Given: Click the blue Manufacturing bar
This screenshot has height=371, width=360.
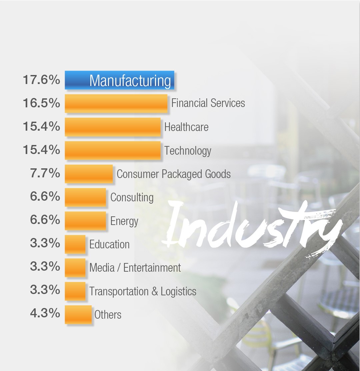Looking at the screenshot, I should click(x=119, y=80).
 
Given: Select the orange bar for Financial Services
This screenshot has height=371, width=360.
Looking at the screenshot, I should click(x=116, y=103).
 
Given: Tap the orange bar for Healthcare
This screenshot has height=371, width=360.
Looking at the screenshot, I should click(x=112, y=127).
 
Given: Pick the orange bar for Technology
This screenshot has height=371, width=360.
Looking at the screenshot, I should click(x=112, y=150).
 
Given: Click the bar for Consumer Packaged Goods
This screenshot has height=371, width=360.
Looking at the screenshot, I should click(x=89, y=174).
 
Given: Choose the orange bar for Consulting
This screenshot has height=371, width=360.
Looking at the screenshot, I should click(x=85, y=197).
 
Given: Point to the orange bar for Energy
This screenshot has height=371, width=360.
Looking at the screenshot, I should click(x=85, y=220).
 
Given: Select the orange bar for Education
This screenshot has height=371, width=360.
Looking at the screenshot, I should click(x=75, y=244).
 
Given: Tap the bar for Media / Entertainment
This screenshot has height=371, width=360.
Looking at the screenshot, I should click(x=75, y=267).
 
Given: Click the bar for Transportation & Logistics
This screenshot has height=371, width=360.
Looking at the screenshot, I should click(x=75, y=291).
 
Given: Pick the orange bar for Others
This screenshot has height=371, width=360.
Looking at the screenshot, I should click(x=78, y=314).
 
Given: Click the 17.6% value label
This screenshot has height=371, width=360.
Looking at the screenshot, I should click(x=41, y=80).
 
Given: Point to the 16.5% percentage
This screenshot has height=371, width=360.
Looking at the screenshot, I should click(x=41, y=103).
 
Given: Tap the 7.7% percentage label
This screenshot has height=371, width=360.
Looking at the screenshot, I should click(x=45, y=174).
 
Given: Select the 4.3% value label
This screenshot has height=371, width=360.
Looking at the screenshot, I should click(x=45, y=314).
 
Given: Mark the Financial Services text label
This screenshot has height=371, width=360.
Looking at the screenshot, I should click(x=208, y=103).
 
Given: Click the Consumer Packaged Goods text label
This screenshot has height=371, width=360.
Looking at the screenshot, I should click(x=173, y=174).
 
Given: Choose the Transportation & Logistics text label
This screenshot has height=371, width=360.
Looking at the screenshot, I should click(x=143, y=291).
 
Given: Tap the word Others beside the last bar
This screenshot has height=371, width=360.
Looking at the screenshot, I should click(x=108, y=315).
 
